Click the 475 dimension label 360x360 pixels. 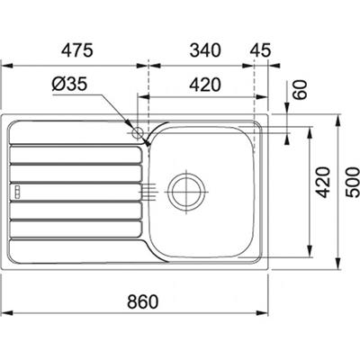click(77, 50)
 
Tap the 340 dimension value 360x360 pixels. click(205, 50)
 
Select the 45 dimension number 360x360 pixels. click(260, 50)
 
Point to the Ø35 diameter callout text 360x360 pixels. click(69, 84)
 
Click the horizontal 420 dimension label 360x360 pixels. click(205, 85)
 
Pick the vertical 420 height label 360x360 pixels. click(323, 182)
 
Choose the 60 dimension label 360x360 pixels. click(301, 89)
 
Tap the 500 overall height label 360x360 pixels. click(353, 182)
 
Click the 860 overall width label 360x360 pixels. click(142, 301)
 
